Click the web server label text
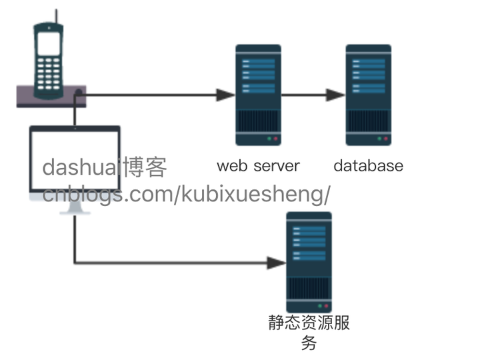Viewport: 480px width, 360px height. [x=258, y=166]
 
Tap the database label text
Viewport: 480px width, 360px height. [x=368, y=166]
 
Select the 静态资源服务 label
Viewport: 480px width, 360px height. [x=309, y=333]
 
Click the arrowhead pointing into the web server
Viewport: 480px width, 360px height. [x=225, y=95]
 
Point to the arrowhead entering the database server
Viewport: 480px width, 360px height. [x=336, y=95]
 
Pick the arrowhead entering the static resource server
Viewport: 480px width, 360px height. [x=276, y=263]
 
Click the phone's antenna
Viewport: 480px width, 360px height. [x=56, y=17]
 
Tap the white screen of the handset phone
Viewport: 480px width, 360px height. [x=49, y=43]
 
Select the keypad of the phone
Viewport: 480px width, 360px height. [x=49, y=73]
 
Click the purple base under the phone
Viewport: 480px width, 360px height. [x=51, y=97]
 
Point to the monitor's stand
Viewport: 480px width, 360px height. [x=75, y=207]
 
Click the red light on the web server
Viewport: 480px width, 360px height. [x=275, y=139]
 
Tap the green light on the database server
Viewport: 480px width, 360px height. [x=379, y=139]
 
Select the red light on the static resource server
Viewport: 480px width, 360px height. [x=326, y=306]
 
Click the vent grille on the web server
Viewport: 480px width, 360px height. [x=259, y=121]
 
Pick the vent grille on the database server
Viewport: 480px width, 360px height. [x=369, y=121]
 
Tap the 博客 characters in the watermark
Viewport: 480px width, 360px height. [x=145, y=167]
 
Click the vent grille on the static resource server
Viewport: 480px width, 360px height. [x=309, y=289]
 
